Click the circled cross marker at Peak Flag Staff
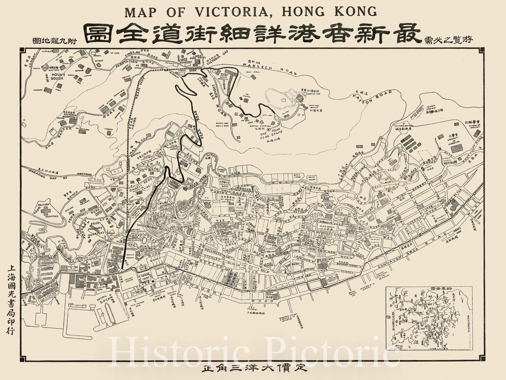point(269,129)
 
